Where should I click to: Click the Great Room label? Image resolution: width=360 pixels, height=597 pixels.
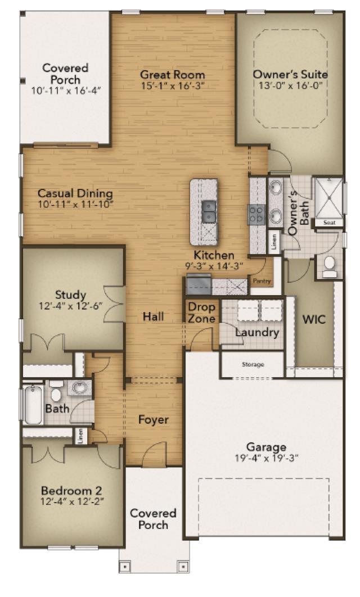click(172, 75)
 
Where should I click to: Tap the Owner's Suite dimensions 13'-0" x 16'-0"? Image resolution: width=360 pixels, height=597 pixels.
click(291, 85)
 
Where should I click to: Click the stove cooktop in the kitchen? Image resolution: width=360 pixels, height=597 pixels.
click(256, 213)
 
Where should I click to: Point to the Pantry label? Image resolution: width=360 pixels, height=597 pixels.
click(262, 281)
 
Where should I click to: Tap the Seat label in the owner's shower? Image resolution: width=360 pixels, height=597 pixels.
click(330, 223)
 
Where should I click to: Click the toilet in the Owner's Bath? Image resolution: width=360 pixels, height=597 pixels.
click(330, 266)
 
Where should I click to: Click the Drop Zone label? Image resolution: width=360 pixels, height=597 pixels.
click(201, 313)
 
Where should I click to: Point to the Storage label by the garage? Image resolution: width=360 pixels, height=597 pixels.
click(253, 365)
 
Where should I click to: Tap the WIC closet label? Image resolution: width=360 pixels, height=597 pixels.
click(314, 319)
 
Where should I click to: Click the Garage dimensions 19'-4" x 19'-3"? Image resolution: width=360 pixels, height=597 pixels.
click(266, 458)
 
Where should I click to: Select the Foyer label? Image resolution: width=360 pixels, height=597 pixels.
click(154, 419)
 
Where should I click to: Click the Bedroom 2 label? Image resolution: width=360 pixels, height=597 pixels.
click(71, 490)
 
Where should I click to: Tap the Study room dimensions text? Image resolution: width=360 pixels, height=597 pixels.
click(71, 306)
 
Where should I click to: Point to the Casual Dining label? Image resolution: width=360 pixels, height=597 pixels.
click(75, 193)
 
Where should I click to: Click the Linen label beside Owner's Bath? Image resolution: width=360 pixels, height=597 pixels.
click(274, 241)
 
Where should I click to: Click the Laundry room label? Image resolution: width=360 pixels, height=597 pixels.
click(257, 332)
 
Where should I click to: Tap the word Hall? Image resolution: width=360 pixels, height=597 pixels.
click(154, 316)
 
